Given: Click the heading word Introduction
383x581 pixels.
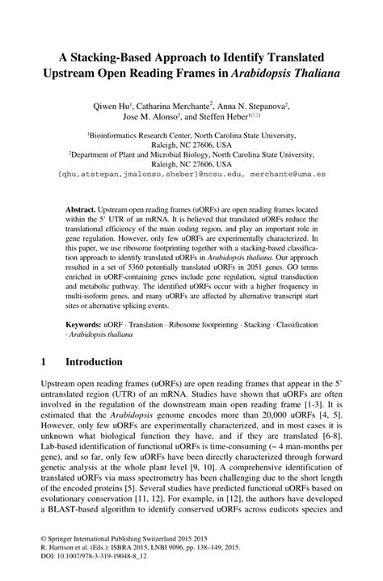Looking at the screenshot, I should [x=94, y=362].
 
